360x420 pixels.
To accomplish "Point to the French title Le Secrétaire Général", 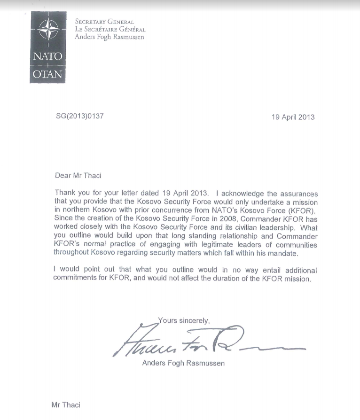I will pos(110,29).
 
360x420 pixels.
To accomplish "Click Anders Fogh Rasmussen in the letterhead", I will pos(110,37).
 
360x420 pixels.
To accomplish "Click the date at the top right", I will pos(293,117).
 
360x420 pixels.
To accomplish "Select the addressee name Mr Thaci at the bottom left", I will pos(66,405).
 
